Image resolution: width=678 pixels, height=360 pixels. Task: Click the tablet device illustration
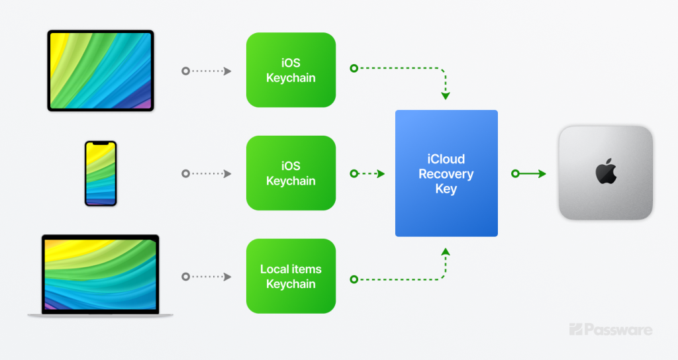[x=101, y=70]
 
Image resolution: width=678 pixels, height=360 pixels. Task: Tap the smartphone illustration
[x=101, y=173]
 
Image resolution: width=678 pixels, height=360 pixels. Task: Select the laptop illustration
[x=101, y=276]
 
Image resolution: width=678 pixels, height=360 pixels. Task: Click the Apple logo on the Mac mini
[x=606, y=171]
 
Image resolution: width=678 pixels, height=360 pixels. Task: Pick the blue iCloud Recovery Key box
[x=446, y=173]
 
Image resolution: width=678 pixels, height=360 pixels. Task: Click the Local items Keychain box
[x=291, y=276]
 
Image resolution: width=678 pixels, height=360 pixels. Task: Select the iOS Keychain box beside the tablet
[x=291, y=70]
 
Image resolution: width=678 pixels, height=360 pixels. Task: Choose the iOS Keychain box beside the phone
[x=291, y=173]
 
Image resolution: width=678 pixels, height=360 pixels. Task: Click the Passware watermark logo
[x=610, y=330]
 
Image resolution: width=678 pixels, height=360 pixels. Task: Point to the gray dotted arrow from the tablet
[x=207, y=71]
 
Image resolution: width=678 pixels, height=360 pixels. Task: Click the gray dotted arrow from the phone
[x=207, y=174]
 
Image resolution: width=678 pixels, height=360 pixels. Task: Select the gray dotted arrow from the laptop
[x=207, y=277]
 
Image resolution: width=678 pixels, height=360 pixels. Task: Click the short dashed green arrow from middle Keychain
[x=367, y=174]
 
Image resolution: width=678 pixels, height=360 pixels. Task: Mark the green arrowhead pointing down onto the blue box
[x=446, y=95]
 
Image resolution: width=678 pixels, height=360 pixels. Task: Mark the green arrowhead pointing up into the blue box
[x=446, y=252]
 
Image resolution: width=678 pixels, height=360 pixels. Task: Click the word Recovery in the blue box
[x=446, y=174]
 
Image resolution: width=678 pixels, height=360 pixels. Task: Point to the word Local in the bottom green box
[x=274, y=269]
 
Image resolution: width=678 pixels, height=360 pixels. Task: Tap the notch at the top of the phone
[x=101, y=144]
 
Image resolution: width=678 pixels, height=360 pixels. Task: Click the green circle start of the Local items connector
[x=354, y=280]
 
